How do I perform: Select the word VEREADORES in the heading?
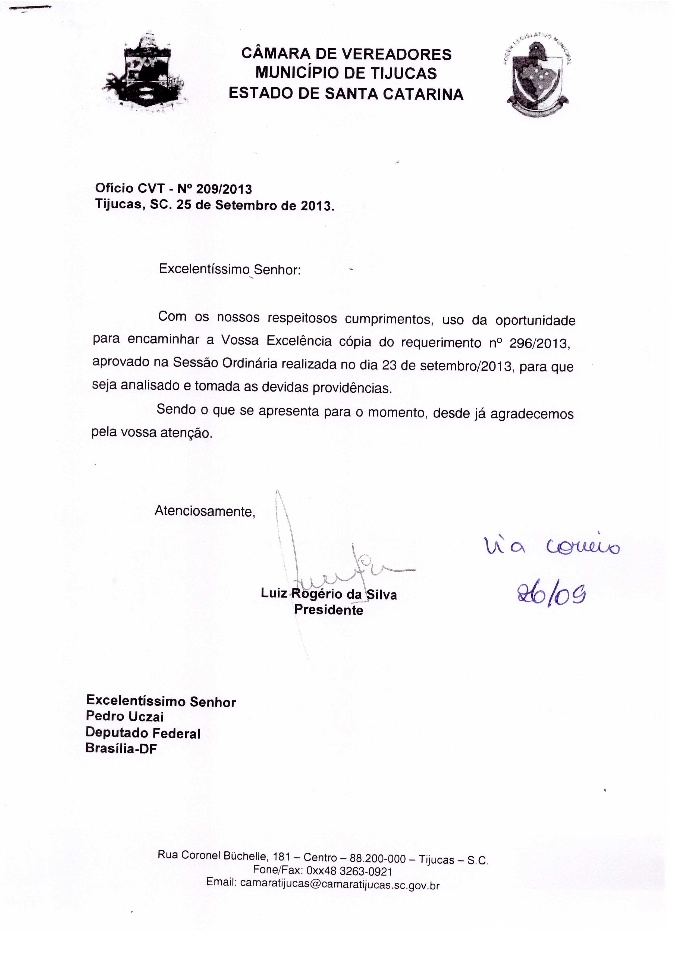click(396, 55)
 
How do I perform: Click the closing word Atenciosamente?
click(205, 511)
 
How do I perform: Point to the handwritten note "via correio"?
click(551, 546)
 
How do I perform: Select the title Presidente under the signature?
click(329, 610)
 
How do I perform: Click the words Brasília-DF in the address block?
click(121, 748)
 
